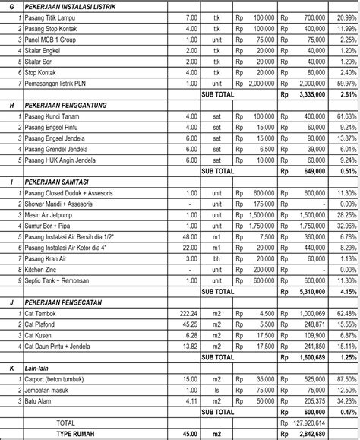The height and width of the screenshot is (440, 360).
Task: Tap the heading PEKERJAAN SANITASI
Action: point(61,183)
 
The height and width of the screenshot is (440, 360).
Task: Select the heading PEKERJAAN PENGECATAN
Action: point(66,302)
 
